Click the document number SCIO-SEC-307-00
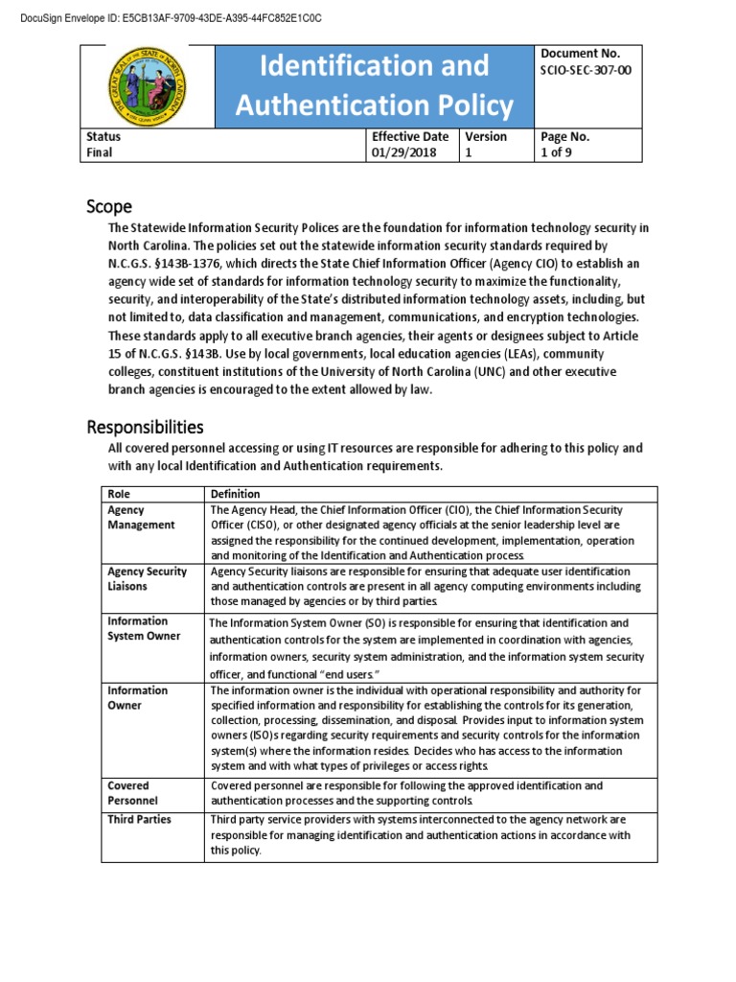click(586, 70)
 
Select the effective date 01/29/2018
click(402, 152)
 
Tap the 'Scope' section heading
click(109, 206)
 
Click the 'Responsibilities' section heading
click(145, 426)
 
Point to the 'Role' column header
click(118, 494)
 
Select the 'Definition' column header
click(235, 494)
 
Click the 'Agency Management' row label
click(141, 518)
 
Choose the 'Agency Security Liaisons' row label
click(147, 579)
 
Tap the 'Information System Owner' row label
click(144, 628)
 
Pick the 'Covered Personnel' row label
click(132, 793)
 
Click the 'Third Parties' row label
click(140, 820)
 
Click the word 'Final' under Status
click(99, 152)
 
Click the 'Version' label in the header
click(486, 136)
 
